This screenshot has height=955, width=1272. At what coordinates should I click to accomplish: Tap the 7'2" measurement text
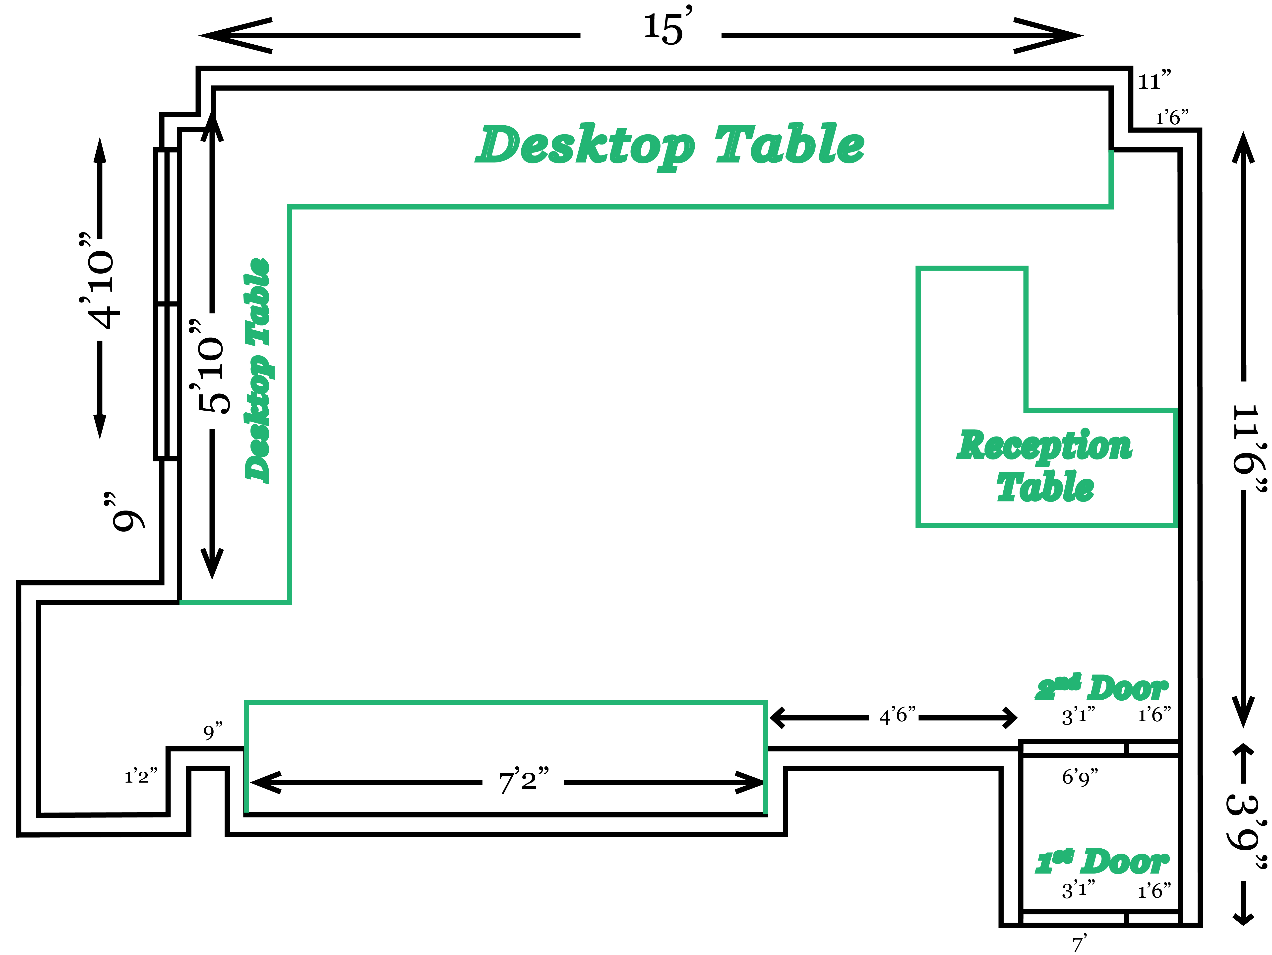(523, 781)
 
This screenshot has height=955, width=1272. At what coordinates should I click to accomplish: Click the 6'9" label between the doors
(1079, 778)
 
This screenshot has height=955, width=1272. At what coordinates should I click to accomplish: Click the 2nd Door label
(1101, 687)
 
